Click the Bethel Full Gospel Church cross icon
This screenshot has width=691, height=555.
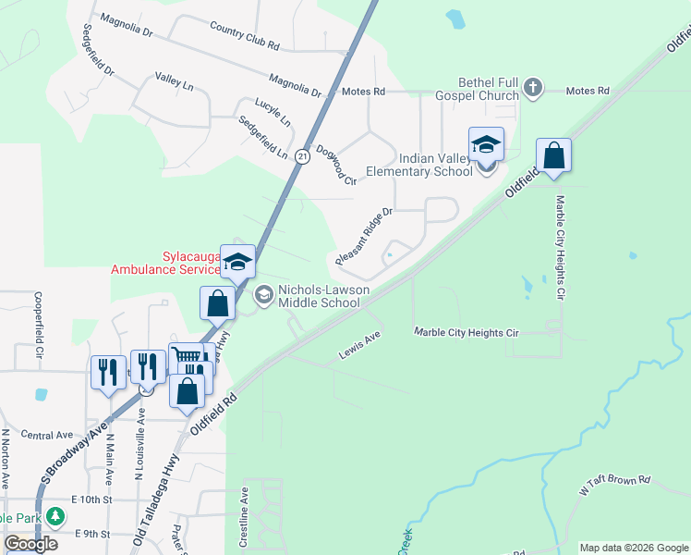532,89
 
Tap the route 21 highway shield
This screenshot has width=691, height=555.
302,158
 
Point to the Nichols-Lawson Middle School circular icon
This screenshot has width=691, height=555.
263,295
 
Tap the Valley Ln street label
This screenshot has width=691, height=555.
175,83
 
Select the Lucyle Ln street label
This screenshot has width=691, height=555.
273,112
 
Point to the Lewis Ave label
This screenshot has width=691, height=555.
360,343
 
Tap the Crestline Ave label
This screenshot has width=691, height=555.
246,517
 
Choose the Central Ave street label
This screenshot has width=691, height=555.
46,435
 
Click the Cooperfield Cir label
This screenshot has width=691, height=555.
40,326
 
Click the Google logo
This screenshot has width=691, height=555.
31,544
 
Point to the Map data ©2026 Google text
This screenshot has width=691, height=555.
633,547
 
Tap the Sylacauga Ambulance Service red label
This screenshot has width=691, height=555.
165,262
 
